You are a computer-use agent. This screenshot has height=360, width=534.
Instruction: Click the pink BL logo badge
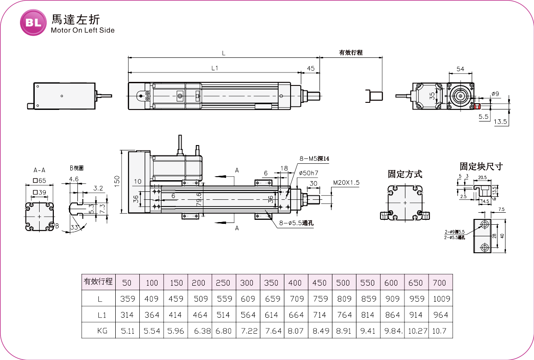[33, 22]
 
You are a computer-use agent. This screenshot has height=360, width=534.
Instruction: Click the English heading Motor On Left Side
[83, 30]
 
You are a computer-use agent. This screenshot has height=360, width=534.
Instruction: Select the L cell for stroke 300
[247, 299]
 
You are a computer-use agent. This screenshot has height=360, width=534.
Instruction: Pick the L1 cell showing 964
[440, 315]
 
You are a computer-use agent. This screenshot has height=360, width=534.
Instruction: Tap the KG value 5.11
[128, 331]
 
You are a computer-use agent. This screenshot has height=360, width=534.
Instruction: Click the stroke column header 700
[439, 283]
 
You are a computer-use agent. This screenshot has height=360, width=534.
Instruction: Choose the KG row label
[99, 331]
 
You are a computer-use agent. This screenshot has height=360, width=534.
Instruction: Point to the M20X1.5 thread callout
[346, 182]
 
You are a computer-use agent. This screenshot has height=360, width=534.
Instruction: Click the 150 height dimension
[117, 180]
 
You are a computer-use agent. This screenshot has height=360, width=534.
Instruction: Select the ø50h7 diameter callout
[308, 173]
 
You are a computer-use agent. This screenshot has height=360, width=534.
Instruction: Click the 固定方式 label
[405, 174]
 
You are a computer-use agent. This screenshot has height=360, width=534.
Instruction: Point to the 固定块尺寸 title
[481, 166]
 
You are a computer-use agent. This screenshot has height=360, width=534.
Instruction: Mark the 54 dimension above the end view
[460, 69]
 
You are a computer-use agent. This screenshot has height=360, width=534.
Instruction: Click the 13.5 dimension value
[501, 121]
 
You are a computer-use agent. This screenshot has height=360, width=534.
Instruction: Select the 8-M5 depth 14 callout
[314, 158]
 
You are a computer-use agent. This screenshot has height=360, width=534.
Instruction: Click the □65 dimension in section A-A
[40, 181]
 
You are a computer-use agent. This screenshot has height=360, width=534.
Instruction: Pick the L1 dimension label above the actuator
[214, 68]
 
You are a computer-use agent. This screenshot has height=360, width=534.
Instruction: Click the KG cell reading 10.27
[416, 331]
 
